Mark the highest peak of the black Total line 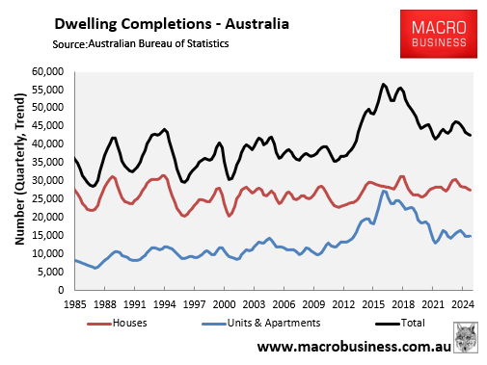tap(384, 85)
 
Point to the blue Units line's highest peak tap(385, 191)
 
